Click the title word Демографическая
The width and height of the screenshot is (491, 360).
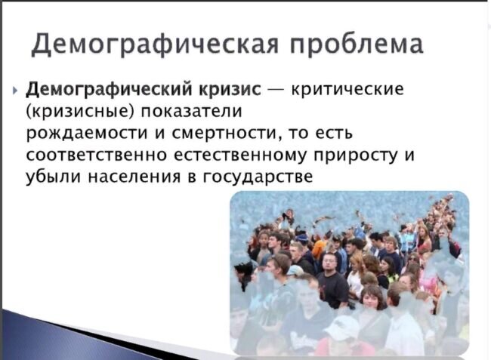tap(155, 44)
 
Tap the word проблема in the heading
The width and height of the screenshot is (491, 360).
tap(357, 44)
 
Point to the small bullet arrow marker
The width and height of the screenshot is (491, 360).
tap(15, 91)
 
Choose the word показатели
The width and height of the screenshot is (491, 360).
tap(191, 111)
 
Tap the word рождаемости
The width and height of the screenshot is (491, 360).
tap(86, 134)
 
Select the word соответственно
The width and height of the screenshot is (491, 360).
tap(96, 155)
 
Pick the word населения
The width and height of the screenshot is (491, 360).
tap(134, 177)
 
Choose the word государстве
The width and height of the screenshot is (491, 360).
tap(258, 177)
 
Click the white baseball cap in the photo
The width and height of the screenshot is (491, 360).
tap(341, 328)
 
